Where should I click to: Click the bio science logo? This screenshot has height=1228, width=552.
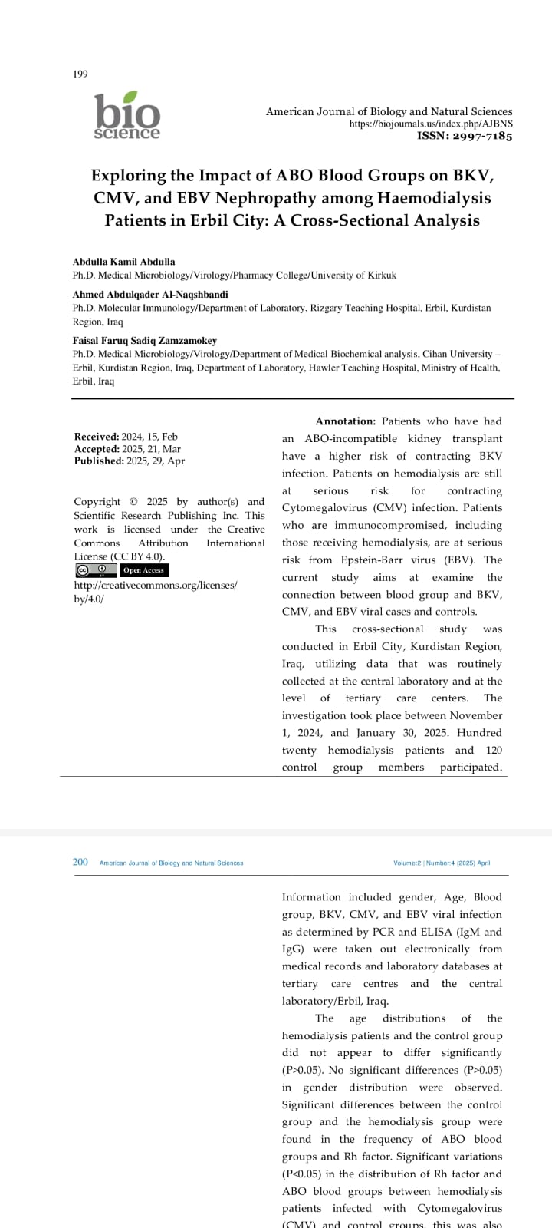(127, 116)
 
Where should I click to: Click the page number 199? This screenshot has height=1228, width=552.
(80, 74)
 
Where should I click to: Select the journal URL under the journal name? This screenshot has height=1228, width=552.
(431, 124)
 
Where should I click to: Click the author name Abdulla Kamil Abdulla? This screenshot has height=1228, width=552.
(123, 262)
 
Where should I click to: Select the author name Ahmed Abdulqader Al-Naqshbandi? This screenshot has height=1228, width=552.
(150, 295)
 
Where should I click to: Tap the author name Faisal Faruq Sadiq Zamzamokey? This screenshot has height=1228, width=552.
(145, 341)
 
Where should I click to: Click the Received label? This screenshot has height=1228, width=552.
(97, 437)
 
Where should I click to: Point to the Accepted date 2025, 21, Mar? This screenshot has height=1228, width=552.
(151, 449)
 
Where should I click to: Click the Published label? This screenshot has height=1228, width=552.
(99, 461)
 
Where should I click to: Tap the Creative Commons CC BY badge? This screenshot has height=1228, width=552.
(96, 570)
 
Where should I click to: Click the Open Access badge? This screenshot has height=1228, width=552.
(144, 570)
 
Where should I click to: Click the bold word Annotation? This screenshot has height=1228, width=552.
(346, 421)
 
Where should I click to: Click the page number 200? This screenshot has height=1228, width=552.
(80, 863)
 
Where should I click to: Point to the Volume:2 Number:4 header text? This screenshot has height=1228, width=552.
(442, 863)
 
